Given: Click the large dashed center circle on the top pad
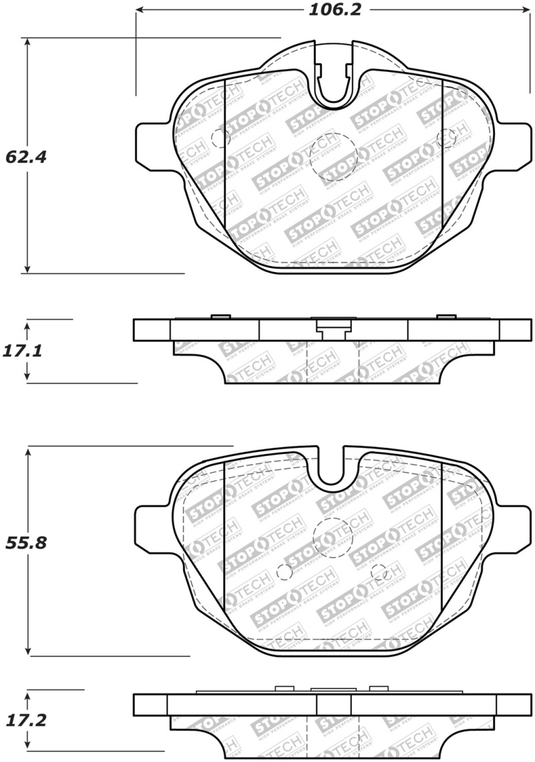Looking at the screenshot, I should point(332,157).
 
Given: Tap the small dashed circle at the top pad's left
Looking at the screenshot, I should point(220,138).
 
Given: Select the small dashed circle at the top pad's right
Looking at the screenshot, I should point(445,138).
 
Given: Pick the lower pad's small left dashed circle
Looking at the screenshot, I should point(284,573).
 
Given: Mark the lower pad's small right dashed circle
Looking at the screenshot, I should point(379,573).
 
